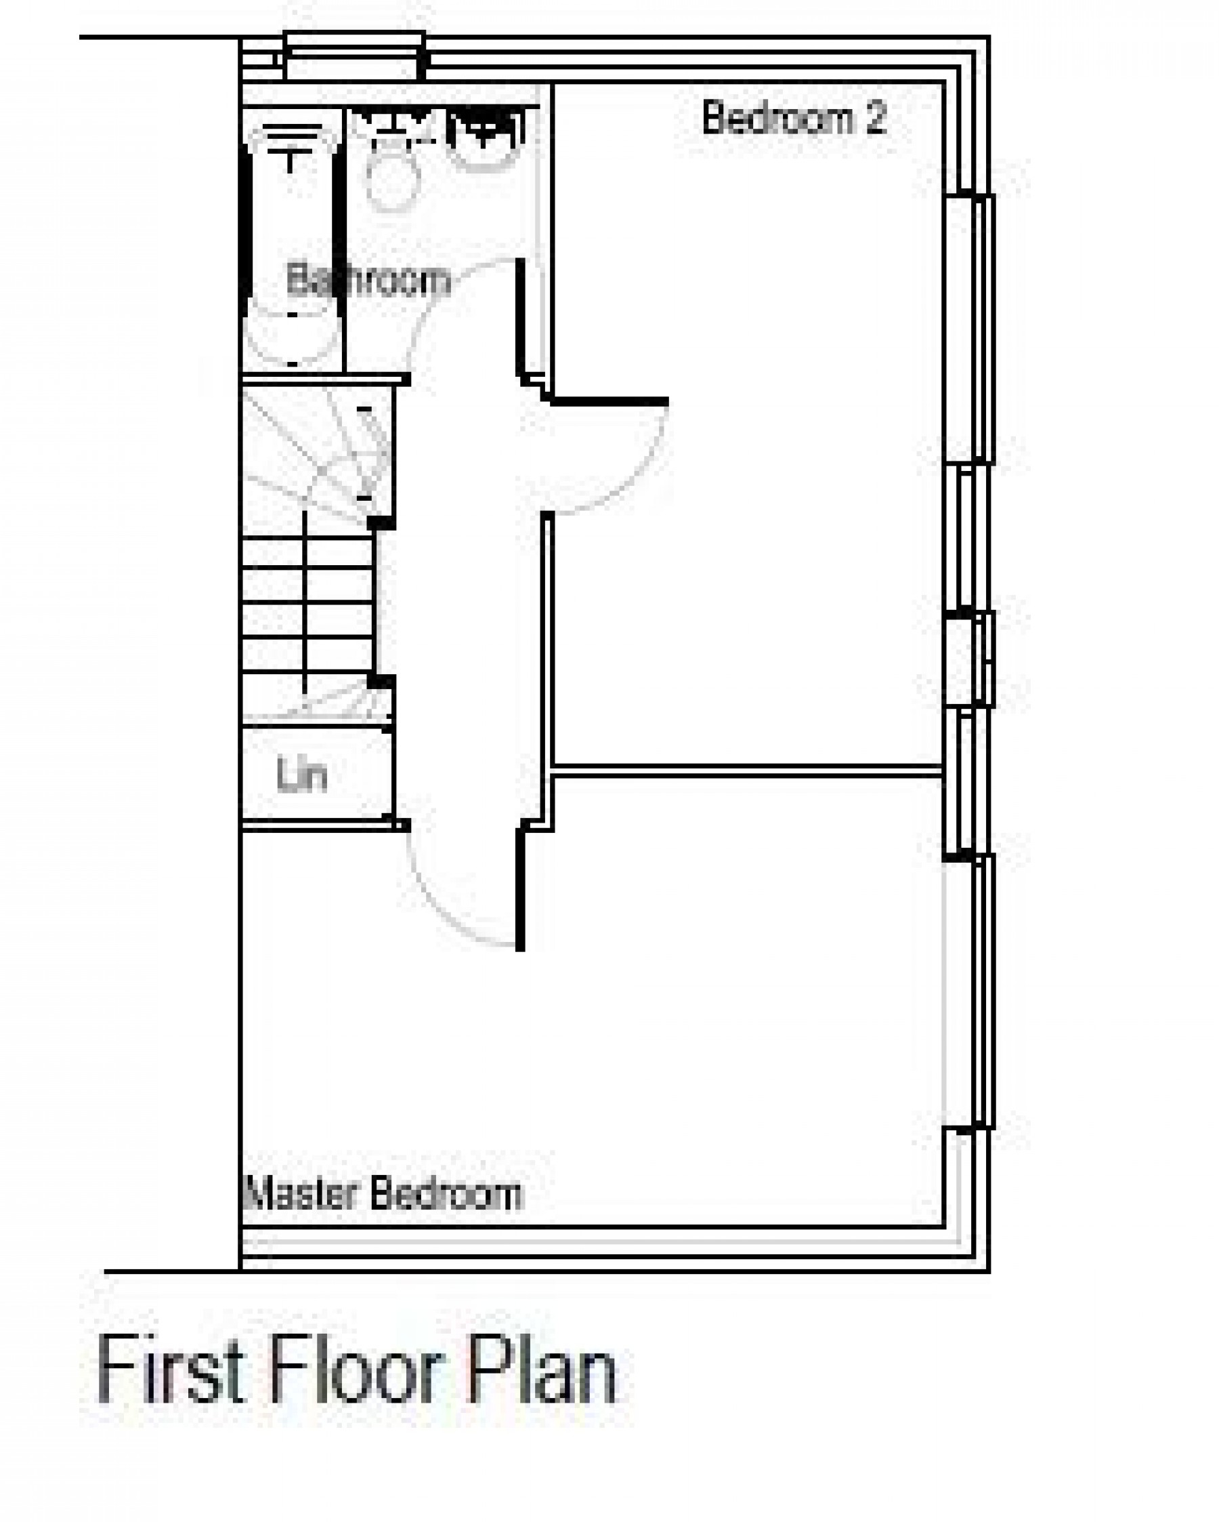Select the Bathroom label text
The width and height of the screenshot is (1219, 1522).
click(x=368, y=281)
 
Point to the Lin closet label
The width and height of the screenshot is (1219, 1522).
click(x=302, y=775)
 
